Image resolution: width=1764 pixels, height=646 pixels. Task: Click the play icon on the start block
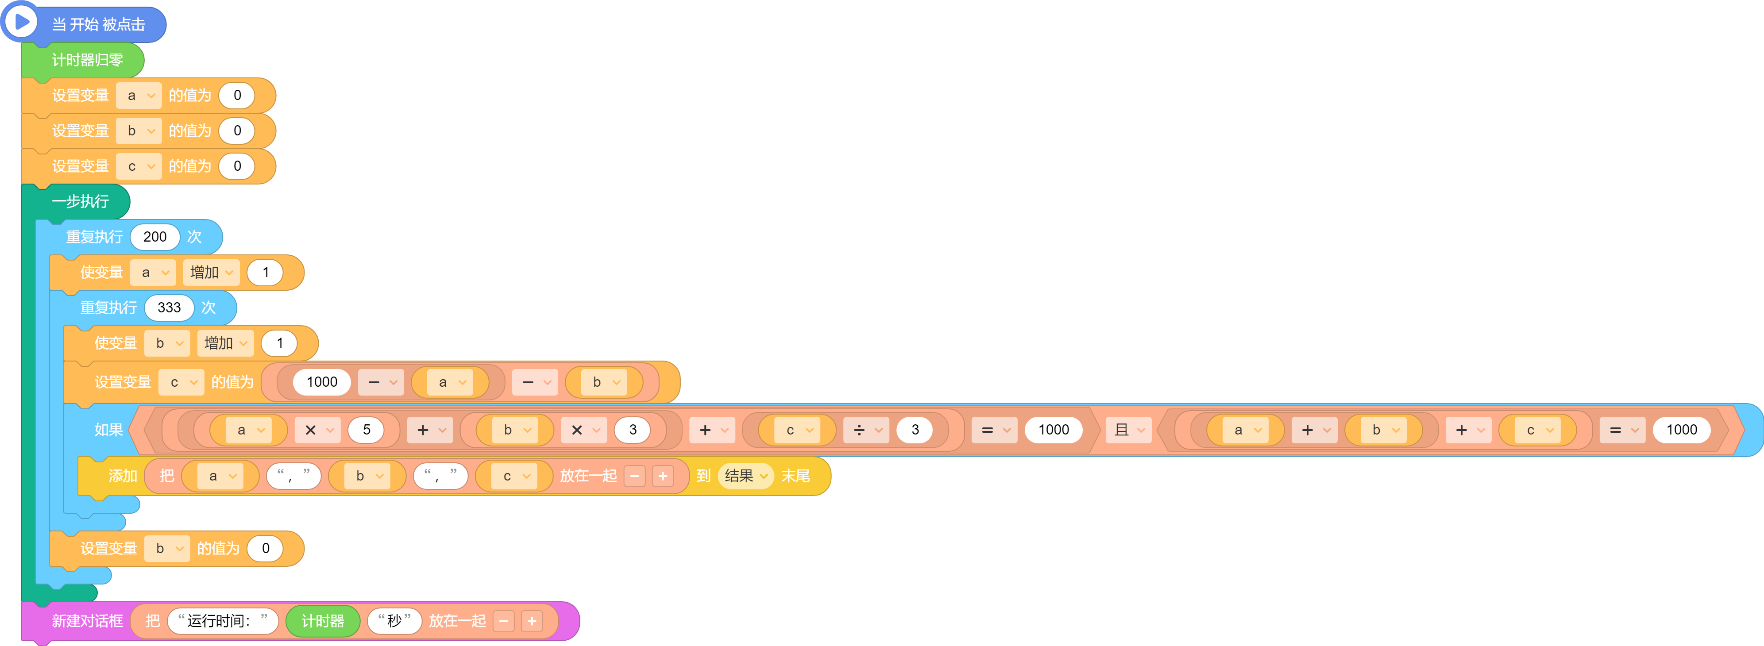21,21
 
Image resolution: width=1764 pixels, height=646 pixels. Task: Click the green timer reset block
82,60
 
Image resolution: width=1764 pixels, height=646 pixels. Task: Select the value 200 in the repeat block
155,237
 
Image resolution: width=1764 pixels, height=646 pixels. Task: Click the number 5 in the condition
367,430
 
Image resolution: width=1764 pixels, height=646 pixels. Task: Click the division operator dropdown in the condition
866,430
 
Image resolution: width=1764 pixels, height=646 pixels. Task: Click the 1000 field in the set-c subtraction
322,382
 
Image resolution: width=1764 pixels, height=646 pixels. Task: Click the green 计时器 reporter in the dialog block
323,621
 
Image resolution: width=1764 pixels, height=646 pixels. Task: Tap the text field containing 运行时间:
223,621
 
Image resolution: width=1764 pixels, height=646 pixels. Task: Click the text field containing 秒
394,621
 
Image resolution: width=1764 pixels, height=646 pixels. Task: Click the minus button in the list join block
635,476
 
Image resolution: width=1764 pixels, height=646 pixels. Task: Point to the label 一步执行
80,201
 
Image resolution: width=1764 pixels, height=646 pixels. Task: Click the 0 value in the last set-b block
265,548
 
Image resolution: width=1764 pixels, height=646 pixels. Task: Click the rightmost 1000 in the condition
1681,430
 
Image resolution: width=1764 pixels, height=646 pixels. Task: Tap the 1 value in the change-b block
279,343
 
